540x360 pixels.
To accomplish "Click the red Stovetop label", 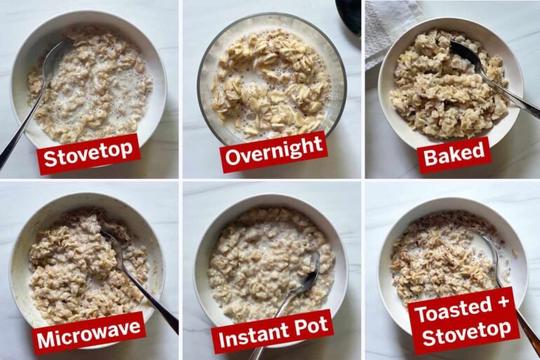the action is point(88,154).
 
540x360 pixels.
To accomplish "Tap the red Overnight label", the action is point(274,152).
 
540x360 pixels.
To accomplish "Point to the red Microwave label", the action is point(89,333).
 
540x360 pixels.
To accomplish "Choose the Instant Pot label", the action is point(273,331).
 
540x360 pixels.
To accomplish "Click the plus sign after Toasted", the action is point(502,302).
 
